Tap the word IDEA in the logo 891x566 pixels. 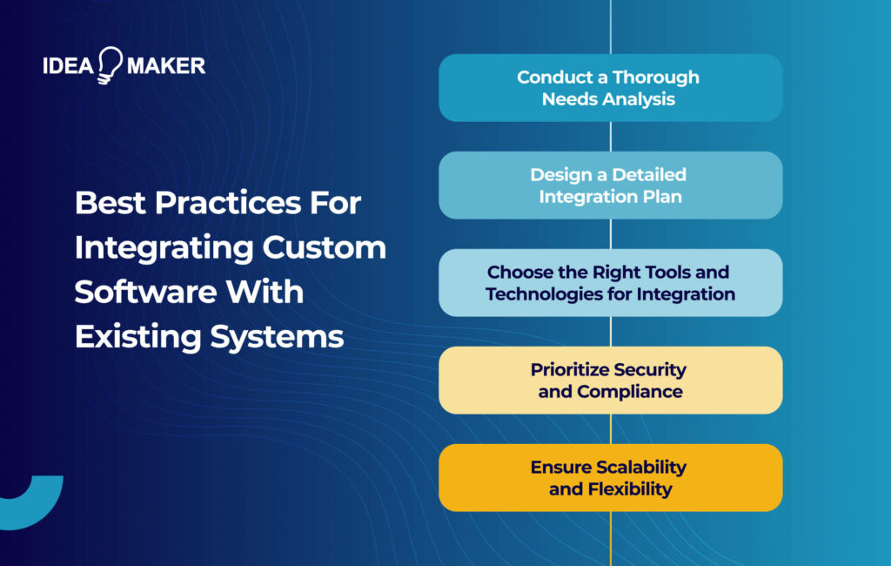click(67, 65)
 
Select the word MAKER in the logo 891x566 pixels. click(165, 65)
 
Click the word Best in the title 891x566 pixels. click(108, 203)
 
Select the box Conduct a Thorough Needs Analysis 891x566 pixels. click(610, 87)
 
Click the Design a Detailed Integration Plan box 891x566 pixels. click(610, 185)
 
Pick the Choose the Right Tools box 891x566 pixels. click(610, 282)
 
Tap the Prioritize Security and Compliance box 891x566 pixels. click(610, 380)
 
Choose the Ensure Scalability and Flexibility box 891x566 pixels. click(610, 477)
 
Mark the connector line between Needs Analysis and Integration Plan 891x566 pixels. click(610, 136)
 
